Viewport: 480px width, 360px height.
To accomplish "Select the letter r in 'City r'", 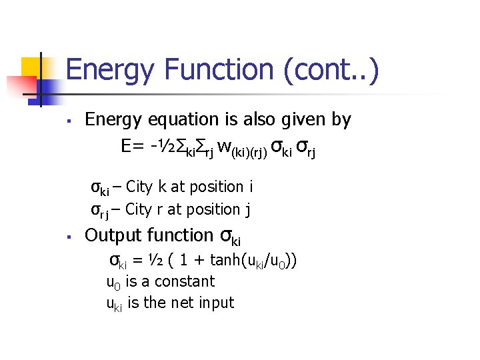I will (x=161, y=209).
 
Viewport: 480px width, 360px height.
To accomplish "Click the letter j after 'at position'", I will (x=247, y=210).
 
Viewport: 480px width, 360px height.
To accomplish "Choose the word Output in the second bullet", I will (x=113, y=235).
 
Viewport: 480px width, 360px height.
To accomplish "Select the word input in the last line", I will (x=215, y=303).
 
